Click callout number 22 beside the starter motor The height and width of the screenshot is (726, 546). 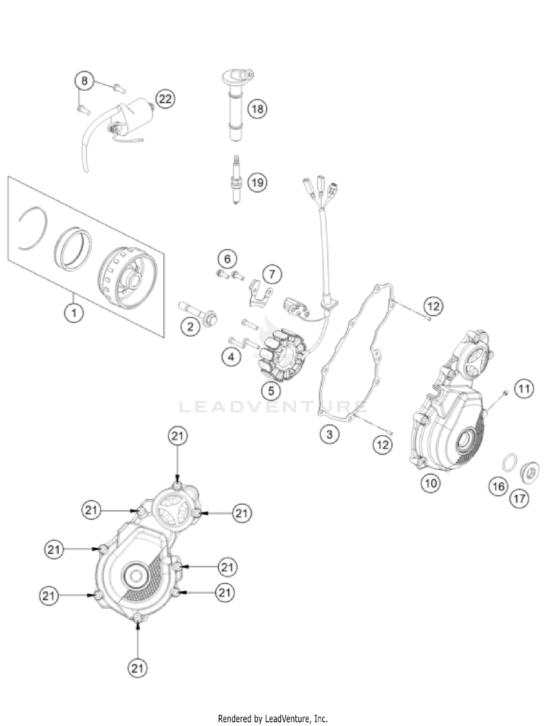point(165,99)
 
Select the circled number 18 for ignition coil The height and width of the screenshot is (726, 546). point(257,108)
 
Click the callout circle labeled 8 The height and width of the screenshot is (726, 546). point(84,80)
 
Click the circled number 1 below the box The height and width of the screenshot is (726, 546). point(74,312)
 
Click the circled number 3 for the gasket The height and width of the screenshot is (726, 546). point(329,434)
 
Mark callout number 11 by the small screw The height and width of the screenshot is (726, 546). point(524,389)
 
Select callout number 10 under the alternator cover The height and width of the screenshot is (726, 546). point(431,483)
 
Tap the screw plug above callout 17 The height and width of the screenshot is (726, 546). point(528,473)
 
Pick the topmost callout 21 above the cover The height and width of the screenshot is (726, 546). point(177,436)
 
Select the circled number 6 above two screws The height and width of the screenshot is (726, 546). point(227,259)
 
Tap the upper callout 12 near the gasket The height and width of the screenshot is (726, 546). point(433,306)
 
